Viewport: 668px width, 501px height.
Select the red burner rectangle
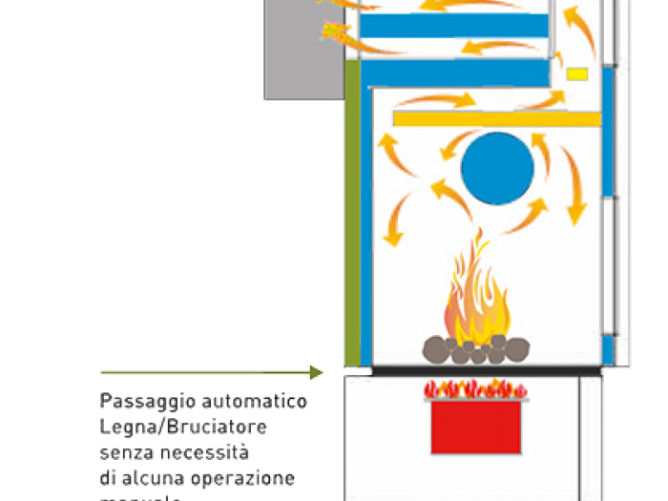[x=475, y=427]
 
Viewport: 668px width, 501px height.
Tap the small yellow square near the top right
[x=577, y=73]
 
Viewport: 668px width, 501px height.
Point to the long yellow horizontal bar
[x=496, y=119]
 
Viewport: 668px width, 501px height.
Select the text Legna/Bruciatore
[x=183, y=426]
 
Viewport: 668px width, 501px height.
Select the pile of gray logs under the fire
[x=476, y=350]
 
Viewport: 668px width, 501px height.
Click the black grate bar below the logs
[x=486, y=369]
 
